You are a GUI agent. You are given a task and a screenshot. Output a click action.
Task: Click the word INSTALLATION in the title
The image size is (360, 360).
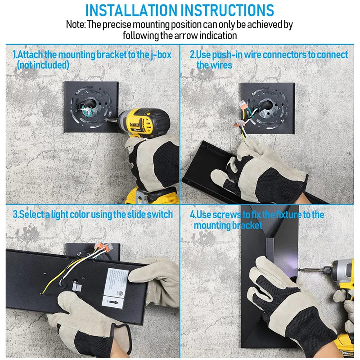131,10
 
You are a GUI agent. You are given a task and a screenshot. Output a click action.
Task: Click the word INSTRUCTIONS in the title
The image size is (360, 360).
227,10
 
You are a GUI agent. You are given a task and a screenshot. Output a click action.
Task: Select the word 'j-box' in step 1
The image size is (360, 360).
161,55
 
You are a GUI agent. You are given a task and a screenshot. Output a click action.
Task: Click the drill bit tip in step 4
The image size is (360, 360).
299,270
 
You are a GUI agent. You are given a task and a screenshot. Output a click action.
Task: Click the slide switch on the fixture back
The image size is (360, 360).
77,287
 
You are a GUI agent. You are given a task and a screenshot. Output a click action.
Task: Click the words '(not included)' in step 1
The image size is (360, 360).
43,65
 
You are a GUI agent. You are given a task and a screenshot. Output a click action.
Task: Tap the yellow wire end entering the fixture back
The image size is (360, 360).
42,293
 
